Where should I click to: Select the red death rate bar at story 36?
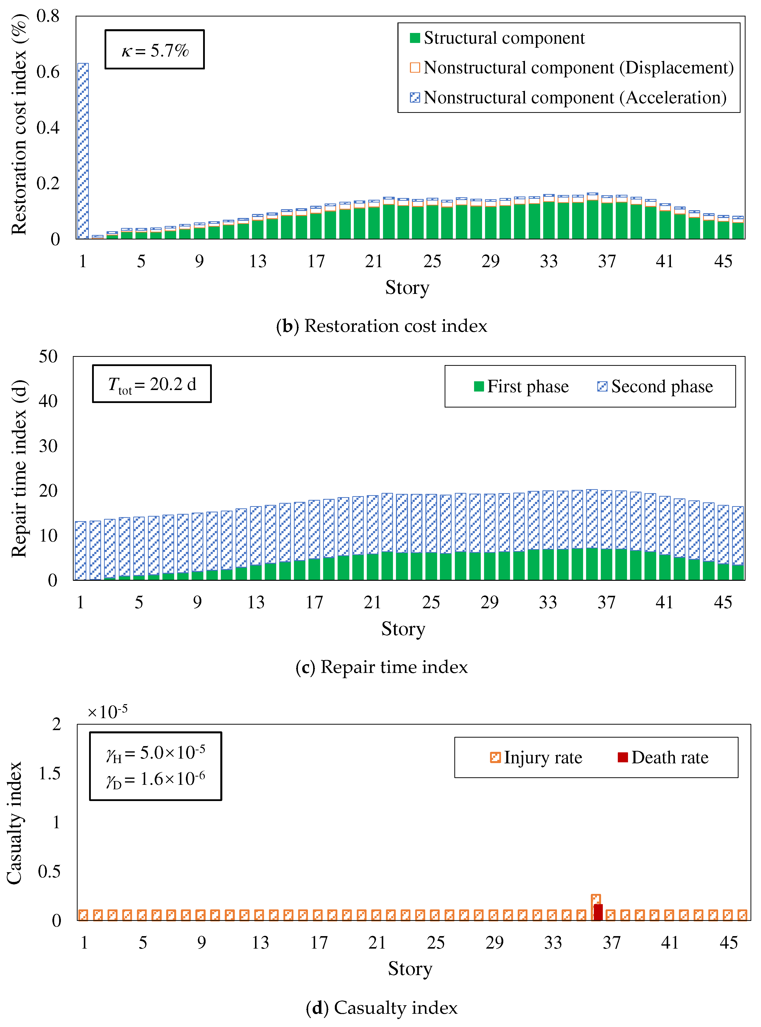[x=598, y=912]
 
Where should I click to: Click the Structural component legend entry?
[x=498, y=38]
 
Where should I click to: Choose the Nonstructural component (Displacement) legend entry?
[x=571, y=68]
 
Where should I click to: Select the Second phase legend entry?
[x=655, y=386]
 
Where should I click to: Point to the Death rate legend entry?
[x=663, y=757]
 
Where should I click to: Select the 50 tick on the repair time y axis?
[x=48, y=356]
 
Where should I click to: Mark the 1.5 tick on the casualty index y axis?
[x=49, y=773]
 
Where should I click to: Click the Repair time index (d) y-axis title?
[x=18, y=468]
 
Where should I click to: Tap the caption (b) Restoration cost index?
[x=381, y=326]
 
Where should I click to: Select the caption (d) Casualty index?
[x=381, y=1008]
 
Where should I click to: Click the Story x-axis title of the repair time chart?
[x=403, y=629]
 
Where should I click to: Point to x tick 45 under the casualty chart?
[x=728, y=943]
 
